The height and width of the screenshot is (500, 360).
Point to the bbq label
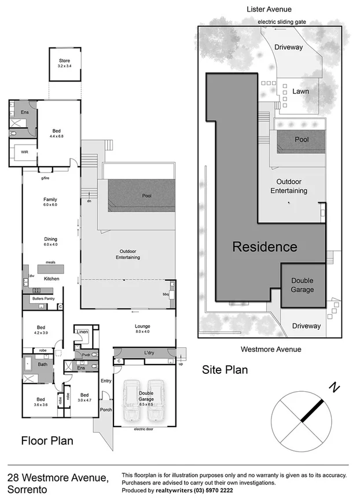click(166, 294)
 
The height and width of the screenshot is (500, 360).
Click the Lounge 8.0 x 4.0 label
click(142, 329)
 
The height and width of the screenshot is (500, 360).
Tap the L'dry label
click(149, 352)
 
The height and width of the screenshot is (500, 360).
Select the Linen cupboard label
click(82, 332)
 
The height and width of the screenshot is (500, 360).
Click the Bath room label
click(42, 364)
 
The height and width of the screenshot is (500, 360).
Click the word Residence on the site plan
click(265, 247)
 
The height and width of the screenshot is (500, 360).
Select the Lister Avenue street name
click(269, 9)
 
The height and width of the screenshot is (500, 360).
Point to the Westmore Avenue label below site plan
click(270, 349)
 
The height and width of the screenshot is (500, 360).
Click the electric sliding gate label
click(282, 22)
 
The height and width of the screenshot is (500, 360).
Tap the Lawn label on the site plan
click(300, 91)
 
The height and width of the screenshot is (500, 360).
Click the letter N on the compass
click(334, 386)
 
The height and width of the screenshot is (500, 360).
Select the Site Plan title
click(225, 370)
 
